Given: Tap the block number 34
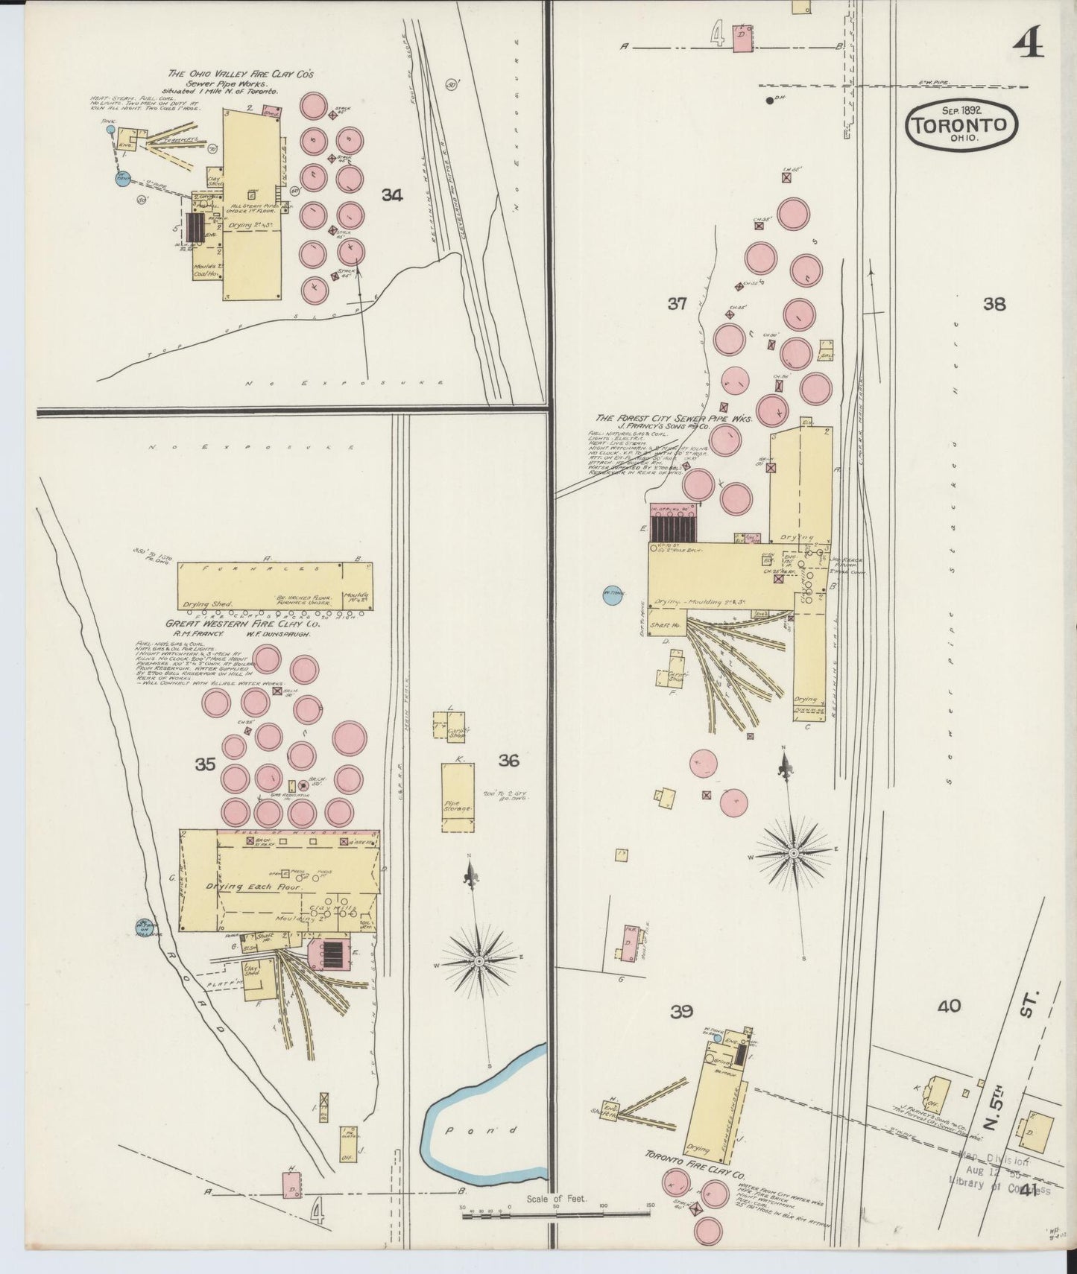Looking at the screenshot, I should click(x=392, y=195).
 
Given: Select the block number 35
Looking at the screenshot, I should click(x=205, y=764).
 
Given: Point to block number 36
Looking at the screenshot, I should click(x=508, y=760).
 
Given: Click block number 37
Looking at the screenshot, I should click(x=677, y=303).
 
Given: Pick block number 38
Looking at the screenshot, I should click(x=994, y=304).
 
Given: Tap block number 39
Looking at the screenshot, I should click(x=681, y=1011).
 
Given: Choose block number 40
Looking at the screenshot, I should click(x=949, y=1007).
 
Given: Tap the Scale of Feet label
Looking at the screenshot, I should click(x=556, y=1199).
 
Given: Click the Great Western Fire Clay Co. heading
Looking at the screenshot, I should click(x=243, y=624).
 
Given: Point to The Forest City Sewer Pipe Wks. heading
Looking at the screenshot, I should click(x=675, y=419).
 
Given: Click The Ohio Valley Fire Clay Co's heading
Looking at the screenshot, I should click(x=241, y=74).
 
